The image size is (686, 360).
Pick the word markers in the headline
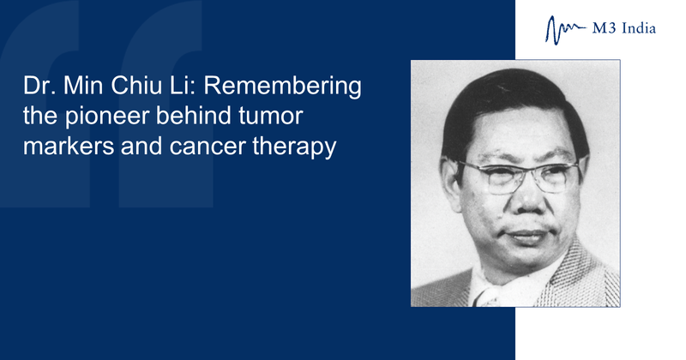69,147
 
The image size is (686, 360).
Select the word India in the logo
639,29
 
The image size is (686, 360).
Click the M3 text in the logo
605,29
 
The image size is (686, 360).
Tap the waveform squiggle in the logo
565,30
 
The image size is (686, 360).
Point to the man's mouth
527,235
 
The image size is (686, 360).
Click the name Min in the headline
83,86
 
